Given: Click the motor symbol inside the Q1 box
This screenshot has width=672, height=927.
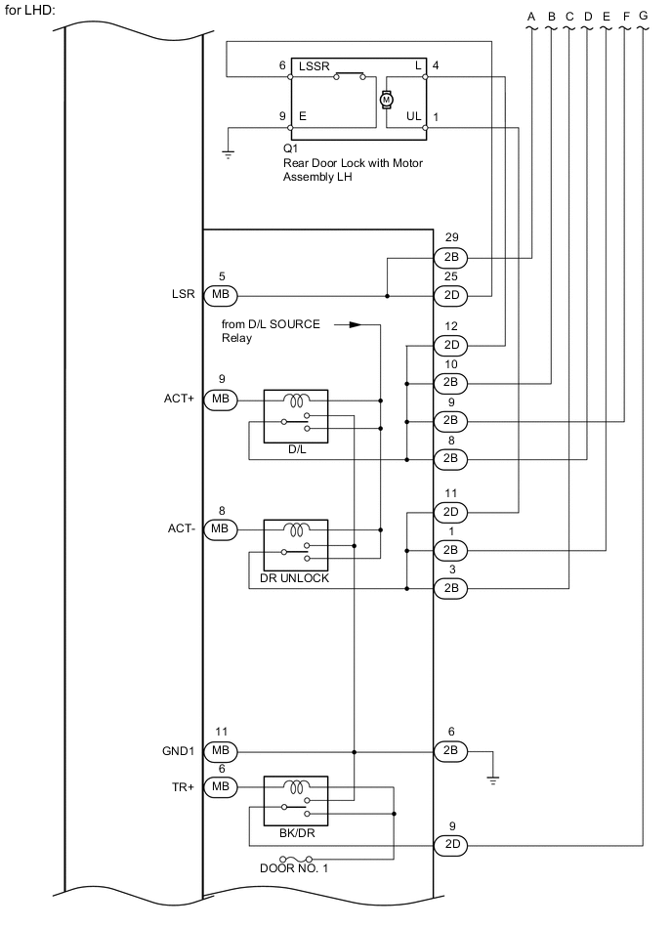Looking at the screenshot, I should click(x=385, y=99).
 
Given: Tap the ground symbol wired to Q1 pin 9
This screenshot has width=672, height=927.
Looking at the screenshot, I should click(x=228, y=154).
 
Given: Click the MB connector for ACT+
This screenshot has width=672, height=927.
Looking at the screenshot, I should click(x=220, y=400).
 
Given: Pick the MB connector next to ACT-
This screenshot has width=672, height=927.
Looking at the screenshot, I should click(x=220, y=529).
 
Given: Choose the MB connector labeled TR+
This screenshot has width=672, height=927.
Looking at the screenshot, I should click(x=220, y=786).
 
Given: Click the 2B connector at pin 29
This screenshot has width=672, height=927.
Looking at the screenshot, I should click(x=450, y=258).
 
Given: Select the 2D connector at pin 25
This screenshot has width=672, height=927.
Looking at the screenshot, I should click(x=450, y=295).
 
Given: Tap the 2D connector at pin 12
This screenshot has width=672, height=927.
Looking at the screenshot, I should click(x=450, y=345).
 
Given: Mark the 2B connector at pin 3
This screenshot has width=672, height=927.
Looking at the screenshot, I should click(x=450, y=588).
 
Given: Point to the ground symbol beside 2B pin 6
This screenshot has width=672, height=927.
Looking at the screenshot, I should click(x=493, y=779).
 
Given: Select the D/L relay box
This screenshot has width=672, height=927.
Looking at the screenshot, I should click(x=296, y=414).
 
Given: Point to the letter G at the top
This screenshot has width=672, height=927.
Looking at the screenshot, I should click(x=642, y=17).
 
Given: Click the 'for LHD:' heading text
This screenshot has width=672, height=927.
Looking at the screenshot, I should click(x=30, y=9).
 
